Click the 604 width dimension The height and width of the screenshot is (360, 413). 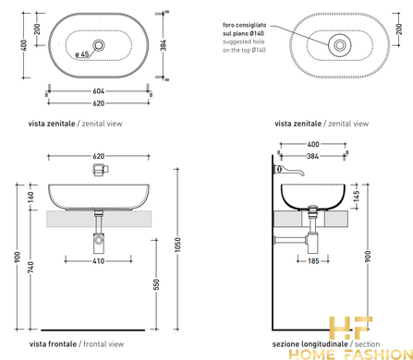click(x=99, y=91)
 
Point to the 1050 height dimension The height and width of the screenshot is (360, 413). click(x=177, y=245)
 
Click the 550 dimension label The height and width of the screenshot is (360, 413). click(x=156, y=284)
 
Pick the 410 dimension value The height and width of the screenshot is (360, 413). click(x=99, y=261)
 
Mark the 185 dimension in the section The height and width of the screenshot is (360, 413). click(x=313, y=261)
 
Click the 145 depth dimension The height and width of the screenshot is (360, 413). click(x=356, y=197)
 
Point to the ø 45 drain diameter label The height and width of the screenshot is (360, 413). click(x=82, y=54)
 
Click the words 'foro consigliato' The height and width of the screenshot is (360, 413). click(x=245, y=25)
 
